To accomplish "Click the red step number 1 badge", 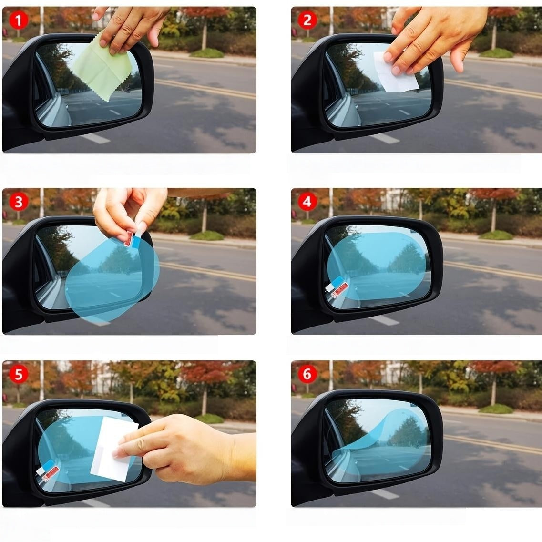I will coord(19,20).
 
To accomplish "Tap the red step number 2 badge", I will coord(307,20).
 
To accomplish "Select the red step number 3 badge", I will coord(19,202).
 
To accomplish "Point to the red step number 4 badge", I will coord(307,202).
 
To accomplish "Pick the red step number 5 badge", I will coord(19,374).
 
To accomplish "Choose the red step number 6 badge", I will coord(307,374).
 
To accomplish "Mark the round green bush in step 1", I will coord(207,52).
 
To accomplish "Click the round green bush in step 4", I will coord(496,235).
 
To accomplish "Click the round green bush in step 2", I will coord(496,52).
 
